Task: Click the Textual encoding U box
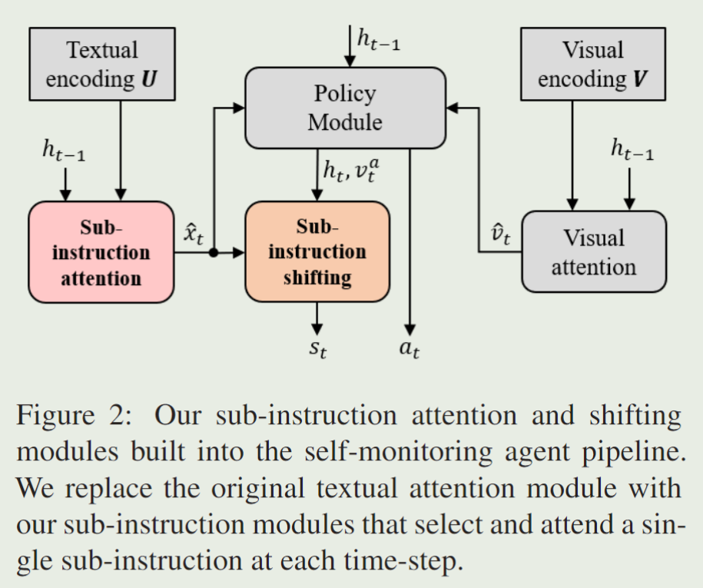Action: tap(102, 65)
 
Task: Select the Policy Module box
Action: tap(345, 108)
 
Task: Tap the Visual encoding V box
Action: tap(592, 65)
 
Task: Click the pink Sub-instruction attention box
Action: tap(101, 252)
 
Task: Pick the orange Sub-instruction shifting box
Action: tap(317, 252)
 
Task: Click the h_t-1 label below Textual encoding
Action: tap(64, 151)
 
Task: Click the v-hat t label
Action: tap(501, 234)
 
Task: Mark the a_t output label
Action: tap(410, 350)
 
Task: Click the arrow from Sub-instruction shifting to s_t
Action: tap(317, 317)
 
